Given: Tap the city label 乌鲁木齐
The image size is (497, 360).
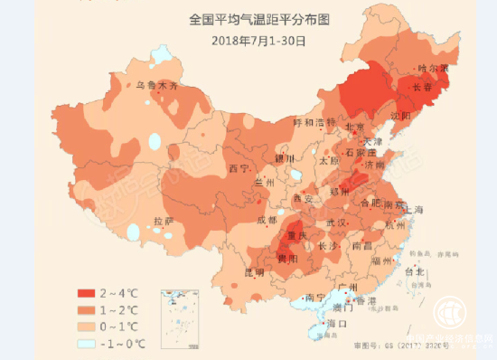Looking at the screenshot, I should click(x=157, y=86).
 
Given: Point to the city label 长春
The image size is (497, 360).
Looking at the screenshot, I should click(x=422, y=88).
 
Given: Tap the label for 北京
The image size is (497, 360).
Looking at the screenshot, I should click(x=354, y=128).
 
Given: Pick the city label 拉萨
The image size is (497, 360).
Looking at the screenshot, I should click(x=164, y=222).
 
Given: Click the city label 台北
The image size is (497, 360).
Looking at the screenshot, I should click(x=414, y=270).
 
